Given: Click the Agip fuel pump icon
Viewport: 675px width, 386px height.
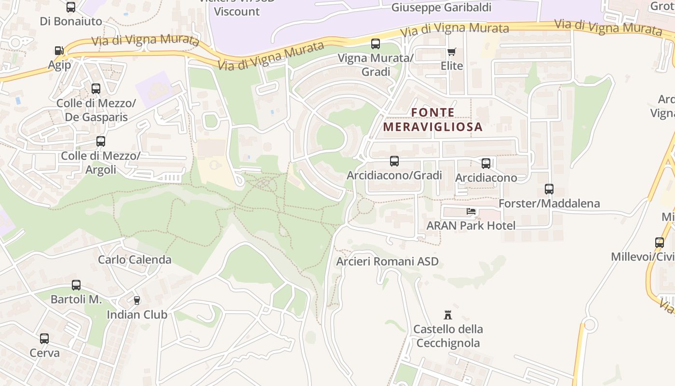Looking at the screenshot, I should coord(59,51).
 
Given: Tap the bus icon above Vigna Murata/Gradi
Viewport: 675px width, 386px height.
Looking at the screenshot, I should coord(376,44).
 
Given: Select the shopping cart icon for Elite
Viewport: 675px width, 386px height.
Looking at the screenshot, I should coord(452,52).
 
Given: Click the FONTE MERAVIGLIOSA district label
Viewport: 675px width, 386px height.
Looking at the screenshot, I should coord(432,120).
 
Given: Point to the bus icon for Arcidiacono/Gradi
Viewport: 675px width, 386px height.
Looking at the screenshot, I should coord(394,161).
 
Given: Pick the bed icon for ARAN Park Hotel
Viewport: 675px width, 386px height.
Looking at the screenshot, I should coord(471,211).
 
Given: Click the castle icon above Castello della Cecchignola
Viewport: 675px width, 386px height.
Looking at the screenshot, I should coord(448,315).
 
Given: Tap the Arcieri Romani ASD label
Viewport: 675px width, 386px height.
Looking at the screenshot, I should coord(388,262).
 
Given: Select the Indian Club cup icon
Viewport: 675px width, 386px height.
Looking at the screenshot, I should coord(137,301).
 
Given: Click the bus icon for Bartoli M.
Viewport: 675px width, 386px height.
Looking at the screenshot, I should coord(76,285).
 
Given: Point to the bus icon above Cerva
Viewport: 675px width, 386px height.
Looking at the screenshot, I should coord(44,339).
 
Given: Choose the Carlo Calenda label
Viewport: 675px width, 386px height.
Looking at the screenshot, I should coord(135,260).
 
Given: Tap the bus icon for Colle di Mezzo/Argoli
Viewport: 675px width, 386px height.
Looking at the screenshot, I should coord(101,141).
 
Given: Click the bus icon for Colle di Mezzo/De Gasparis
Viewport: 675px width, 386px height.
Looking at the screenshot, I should coord(96,89).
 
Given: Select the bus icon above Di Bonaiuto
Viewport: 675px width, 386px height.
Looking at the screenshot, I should coord(71,7).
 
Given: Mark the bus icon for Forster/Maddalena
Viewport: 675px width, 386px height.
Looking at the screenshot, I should coord(549,189).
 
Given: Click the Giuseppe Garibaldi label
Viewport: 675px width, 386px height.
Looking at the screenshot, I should coord(441,7).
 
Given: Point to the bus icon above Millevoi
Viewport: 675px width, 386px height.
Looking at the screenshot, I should coord(660,243).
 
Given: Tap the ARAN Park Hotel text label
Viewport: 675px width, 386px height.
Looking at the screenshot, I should coord(471,225).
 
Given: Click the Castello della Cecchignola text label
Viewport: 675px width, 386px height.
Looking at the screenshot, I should coord(448,336).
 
